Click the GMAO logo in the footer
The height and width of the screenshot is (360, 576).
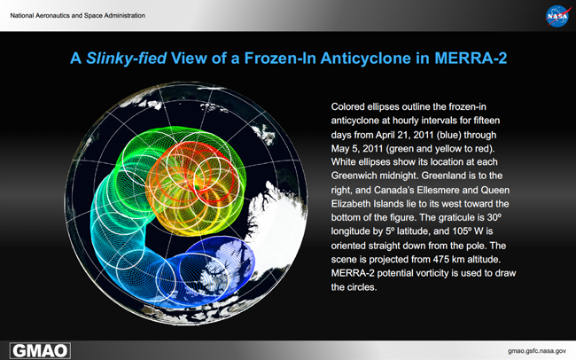[40, 351]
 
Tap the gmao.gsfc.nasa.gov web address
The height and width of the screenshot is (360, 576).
[537, 351]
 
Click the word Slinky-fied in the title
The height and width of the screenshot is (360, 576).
[126, 59]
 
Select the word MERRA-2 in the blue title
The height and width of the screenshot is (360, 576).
[471, 59]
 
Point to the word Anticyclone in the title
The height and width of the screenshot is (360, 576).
[365, 59]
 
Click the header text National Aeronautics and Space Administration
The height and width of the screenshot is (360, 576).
[77, 15]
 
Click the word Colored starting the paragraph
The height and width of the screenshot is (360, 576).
[347, 106]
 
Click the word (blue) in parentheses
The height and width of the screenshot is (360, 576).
[449, 135]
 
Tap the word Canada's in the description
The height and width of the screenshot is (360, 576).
[393, 190]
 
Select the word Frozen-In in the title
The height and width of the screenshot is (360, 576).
[281, 59]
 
